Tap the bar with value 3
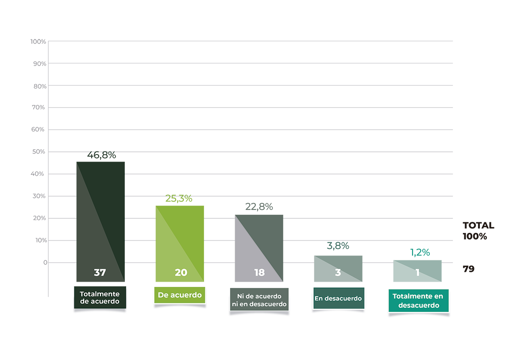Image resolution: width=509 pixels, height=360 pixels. coord(338,263)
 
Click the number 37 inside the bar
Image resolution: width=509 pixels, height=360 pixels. coord(100,273)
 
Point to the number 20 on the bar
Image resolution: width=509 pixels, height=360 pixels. coord(181,273)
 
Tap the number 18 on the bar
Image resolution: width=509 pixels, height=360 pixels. coord(259,273)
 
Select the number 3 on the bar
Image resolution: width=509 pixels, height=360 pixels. coord(338,273)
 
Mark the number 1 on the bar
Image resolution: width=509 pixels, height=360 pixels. coord(417,273)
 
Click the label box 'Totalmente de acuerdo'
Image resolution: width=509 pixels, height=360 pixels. coord(100,298)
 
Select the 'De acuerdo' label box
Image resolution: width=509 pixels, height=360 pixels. coord(180,295)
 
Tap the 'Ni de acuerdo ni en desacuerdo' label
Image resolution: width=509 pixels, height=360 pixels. coord(259,300)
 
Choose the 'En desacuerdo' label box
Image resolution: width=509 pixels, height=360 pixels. coord(338,298)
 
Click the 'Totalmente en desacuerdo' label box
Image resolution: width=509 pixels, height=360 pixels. coord(418,301)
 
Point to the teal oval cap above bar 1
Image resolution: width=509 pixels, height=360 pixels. coord(419,251)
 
